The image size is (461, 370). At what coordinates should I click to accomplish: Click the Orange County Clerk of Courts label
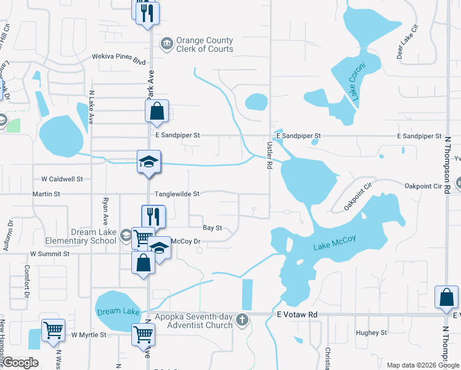(x=205, y=45)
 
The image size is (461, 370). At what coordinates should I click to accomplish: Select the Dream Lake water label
(x=118, y=311)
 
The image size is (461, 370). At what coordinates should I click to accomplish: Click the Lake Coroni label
(x=357, y=81)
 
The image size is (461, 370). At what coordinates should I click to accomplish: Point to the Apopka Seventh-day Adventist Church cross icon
(x=242, y=319)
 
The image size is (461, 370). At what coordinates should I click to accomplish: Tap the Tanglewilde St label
(x=177, y=194)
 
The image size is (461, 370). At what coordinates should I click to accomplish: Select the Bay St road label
(x=212, y=228)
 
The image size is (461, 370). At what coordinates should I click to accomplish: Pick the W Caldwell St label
(x=62, y=179)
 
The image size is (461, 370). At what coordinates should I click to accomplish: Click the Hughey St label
(x=371, y=332)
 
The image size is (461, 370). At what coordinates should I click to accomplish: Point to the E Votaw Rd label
(x=296, y=314)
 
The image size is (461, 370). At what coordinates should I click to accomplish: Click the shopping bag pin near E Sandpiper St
(x=157, y=112)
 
